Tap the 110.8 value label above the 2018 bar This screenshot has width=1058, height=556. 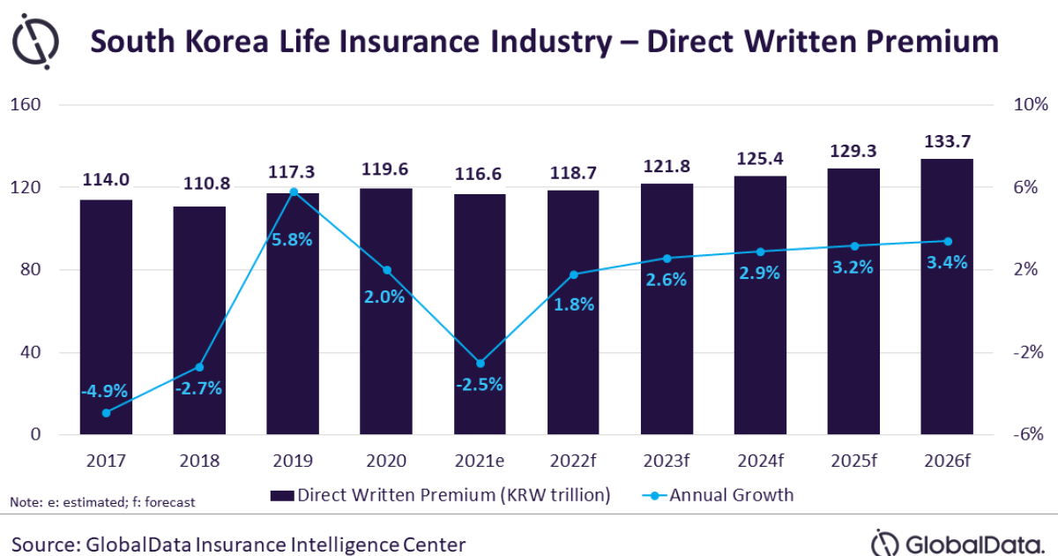(x=199, y=185)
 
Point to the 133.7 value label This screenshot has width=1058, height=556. (x=947, y=141)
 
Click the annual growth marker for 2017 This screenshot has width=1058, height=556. (x=106, y=412)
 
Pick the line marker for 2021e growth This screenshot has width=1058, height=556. (x=480, y=363)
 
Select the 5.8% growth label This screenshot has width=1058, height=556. (x=293, y=238)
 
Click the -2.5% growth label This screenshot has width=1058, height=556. (x=480, y=384)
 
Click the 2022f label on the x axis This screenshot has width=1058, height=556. (x=573, y=462)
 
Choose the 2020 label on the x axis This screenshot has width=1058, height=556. (x=386, y=462)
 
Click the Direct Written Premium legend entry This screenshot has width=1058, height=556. (x=440, y=495)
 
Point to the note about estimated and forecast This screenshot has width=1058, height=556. (x=102, y=502)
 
